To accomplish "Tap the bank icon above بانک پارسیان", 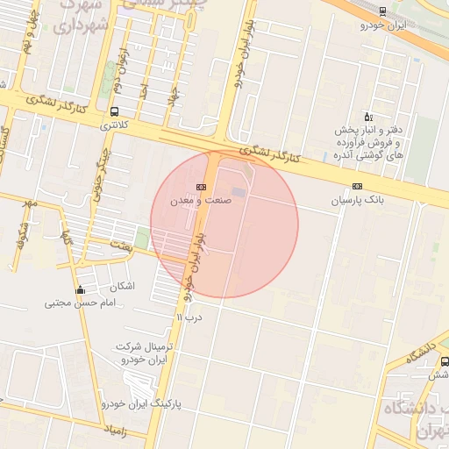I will (357, 186).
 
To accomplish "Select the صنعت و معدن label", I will (201, 201).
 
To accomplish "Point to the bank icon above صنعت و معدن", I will (202, 186).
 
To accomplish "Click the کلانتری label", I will (114, 125).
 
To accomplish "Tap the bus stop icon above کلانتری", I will (114, 111).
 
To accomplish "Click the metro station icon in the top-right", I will (381, 11).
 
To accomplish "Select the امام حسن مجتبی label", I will (80, 304).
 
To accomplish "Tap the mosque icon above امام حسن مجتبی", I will (81, 290).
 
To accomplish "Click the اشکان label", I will (123, 287).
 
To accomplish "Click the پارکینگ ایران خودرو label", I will (140, 404).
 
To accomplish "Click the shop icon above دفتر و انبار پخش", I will (367, 117).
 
